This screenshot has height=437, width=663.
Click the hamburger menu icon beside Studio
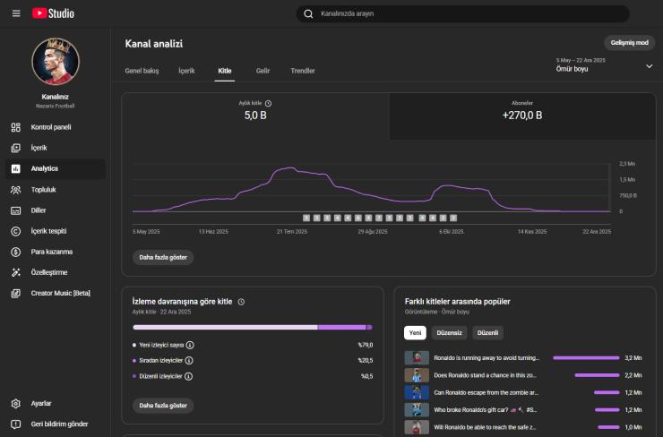click(x=16, y=13)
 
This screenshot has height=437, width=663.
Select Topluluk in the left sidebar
click(x=46, y=190)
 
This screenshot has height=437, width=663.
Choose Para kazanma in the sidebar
click(x=51, y=252)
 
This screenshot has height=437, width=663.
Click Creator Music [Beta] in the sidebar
click(x=60, y=293)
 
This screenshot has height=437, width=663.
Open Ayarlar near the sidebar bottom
click(x=41, y=403)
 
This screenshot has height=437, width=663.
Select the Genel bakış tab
click(x=142, y=71)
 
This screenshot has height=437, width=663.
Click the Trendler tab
click(x=303, y=71)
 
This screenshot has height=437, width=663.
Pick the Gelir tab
click(x=263, y=71)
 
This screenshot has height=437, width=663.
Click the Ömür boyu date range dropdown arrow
click(x=649, y=66)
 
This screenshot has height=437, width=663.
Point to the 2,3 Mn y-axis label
click(x=627, y=164)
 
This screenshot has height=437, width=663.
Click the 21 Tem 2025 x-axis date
click(x=292, y=231)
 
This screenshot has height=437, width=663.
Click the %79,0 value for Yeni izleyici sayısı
click(x=366, y=345)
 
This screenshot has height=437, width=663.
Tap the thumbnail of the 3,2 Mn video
click(x=416, y=357)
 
